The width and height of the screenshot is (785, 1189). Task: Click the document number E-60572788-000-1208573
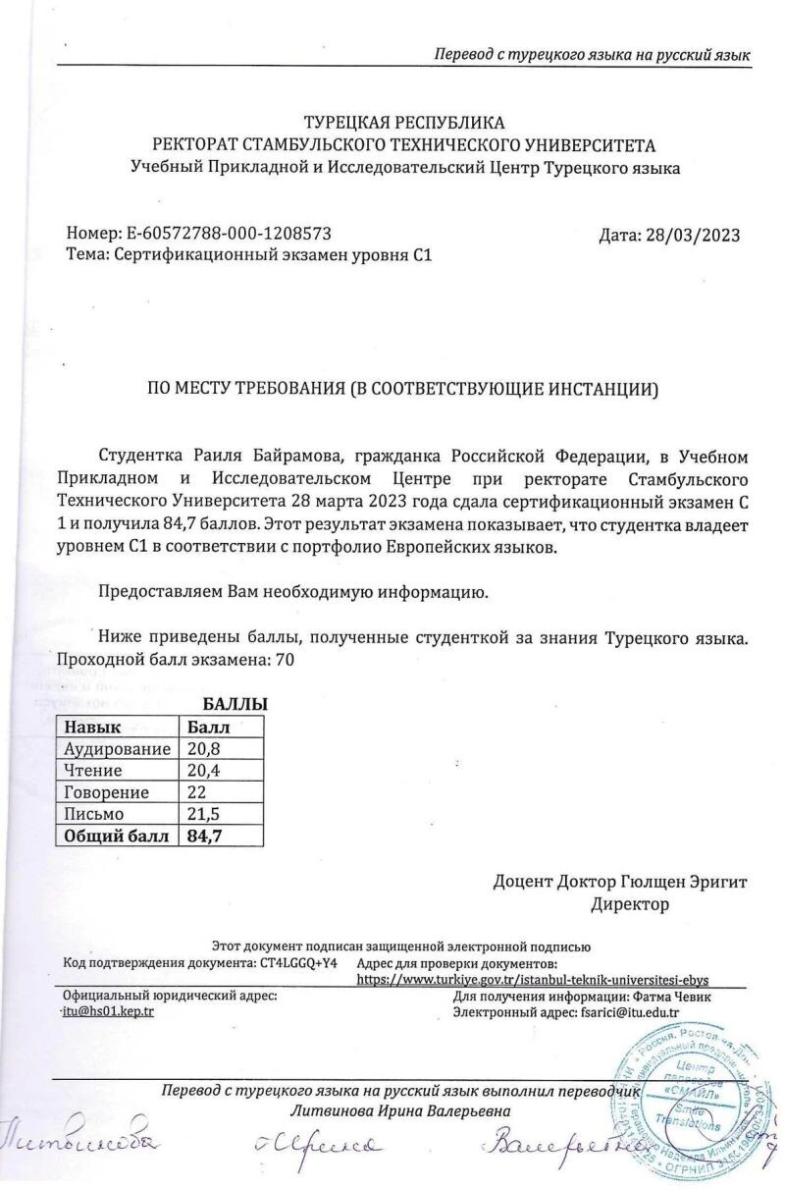pyautogui.click(x=229, y=234)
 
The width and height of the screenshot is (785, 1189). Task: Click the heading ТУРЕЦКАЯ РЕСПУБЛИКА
pyautogui.click(x=404, y=124)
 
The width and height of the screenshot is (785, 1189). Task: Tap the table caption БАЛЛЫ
pyautogui.click(x=235, y=705)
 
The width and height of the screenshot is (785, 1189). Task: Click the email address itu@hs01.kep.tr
pyautogui.click(x=108, y=1010)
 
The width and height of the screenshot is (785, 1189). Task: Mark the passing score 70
pyautogui.click(x=285, y=660)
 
